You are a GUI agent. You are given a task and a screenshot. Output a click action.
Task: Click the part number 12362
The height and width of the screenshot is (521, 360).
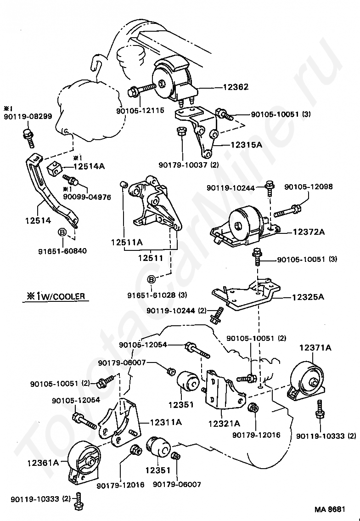click(236, 86)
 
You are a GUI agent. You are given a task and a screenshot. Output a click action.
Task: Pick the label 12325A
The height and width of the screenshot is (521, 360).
click(308, 297)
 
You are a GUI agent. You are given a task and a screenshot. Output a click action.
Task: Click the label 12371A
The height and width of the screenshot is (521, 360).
click(315, 348)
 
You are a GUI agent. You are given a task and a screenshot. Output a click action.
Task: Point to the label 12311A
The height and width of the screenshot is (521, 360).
click(165, 422)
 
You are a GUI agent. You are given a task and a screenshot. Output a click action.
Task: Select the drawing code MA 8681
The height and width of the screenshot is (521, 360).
click(330, 510)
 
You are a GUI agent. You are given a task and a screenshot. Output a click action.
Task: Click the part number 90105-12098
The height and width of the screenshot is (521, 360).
click(309, 187)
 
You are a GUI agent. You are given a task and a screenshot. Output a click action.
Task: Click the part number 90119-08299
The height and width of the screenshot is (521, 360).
click(22, 118)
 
